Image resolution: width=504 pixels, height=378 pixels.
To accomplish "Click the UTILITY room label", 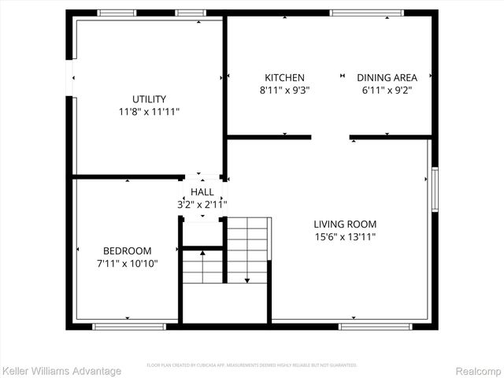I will tap(149, 99).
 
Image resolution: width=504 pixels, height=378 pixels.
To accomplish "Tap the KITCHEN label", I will tap(284, 77).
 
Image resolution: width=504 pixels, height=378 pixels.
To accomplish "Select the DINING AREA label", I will tap(387, 77).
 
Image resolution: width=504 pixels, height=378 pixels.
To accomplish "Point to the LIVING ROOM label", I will tap(345, 224).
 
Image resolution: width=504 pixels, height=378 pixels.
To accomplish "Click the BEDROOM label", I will tap(127, 250).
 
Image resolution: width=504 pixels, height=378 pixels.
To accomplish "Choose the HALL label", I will tap(202, 192).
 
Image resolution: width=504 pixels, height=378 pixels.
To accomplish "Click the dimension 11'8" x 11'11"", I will tap(149, 112).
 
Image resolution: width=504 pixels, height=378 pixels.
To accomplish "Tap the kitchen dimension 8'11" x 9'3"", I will tap(284, 90).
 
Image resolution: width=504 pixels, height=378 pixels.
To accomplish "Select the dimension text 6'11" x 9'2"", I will tap(387, 90).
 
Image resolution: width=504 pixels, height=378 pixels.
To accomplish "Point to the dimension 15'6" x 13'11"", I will tap(345, 236).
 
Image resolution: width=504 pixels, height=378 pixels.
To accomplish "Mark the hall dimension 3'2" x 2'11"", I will tap(202, 204).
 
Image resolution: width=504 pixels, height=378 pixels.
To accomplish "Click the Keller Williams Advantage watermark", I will tap(62, 371).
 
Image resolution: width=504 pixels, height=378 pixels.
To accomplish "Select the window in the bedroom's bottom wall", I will tap(119, 325).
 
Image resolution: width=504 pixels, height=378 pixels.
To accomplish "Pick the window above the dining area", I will tap(357, 13).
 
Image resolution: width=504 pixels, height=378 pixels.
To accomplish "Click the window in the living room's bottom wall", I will tap(364, 325).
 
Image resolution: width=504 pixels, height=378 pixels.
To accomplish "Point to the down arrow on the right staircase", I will tap(247, 279).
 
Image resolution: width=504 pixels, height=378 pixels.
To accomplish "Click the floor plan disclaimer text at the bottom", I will tap(252, 365).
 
